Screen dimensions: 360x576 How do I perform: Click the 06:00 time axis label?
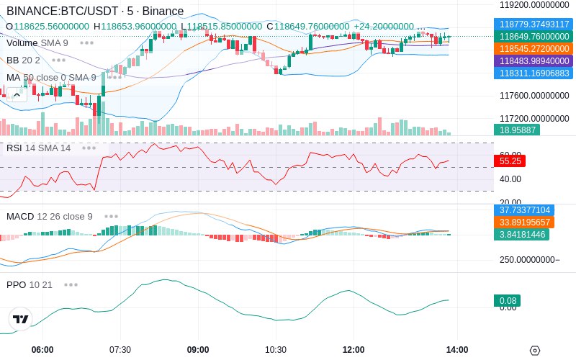point(42,350)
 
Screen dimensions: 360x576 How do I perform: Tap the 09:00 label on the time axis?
point(198,350)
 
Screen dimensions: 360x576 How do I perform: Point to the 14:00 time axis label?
point(457,350)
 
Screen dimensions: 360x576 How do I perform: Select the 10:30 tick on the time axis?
point(276,350)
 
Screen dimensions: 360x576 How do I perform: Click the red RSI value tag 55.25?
point(510,161)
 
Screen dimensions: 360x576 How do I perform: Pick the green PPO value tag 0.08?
point(507,301)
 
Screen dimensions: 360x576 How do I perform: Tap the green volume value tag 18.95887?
point(516,130)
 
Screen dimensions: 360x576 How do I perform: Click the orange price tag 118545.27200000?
point(534,48)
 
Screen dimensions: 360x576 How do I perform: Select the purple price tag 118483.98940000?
point(534,60)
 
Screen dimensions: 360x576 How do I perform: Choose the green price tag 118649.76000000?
point(534,36)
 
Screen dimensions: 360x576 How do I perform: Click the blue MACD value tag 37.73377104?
point(523,210)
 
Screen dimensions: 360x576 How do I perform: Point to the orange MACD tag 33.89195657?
point(523,222)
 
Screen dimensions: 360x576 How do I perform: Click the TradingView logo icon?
point(21,319)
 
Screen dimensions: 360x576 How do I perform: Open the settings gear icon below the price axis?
point(534,351)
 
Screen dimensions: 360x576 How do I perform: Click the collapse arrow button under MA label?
point(16,94)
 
